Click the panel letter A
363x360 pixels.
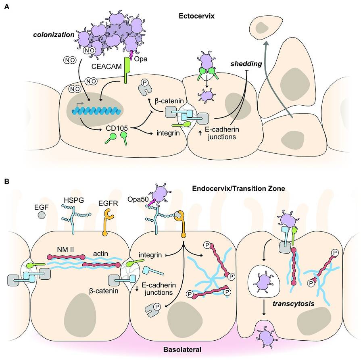[x=7, y=7]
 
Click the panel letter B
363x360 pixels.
[x=7, y=181]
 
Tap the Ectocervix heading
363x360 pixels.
[x=196, y=16]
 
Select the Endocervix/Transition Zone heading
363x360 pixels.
[x=238, y=189]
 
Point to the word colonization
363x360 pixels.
[x=54, y=35]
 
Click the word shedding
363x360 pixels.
[x=246, y=64]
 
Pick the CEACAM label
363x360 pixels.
[x=106, y=67]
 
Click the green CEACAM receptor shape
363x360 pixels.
[x=127, y=70]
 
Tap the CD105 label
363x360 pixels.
[x=117, y=128]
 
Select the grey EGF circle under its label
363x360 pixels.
[x=42, y=215]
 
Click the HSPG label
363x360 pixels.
[x=74, y=200]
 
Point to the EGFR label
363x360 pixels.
[x=108, y=203]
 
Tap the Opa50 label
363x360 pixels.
[x=138, y=199]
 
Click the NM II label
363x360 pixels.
[x=66, y=250]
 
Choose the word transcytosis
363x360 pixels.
[x=294, y=304]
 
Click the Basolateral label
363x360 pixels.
[x=182, y=350]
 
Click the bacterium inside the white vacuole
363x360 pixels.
[x=264, y=283]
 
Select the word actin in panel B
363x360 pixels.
[x=100, y=254]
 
